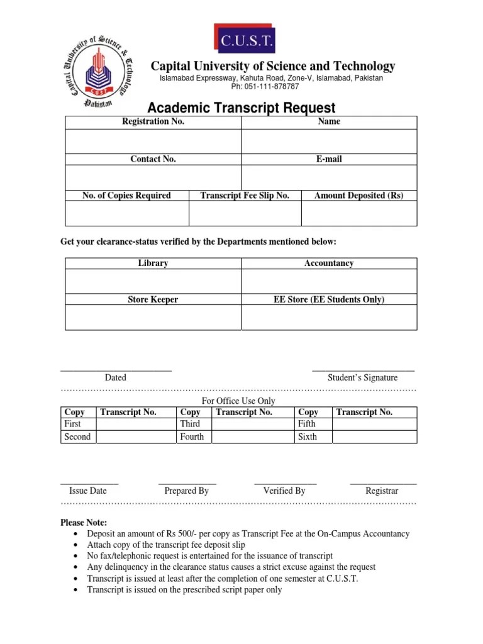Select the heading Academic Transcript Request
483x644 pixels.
click(241, 108)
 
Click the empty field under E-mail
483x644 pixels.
click(329, 177)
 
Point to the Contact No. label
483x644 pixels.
click(153, 159)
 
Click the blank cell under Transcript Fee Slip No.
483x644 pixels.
click(245, 213)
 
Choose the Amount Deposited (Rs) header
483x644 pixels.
click(358, 196)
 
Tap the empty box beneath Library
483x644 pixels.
click(153, 281)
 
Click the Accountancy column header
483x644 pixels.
click(329, 264)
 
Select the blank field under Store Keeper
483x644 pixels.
click(153, 318)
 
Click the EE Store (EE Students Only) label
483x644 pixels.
click(329, 300)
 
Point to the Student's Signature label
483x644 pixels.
click(362, 378)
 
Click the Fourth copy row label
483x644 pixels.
click(192, 436)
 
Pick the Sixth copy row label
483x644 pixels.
click(308, 436)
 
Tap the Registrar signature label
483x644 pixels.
click(382, 491)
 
